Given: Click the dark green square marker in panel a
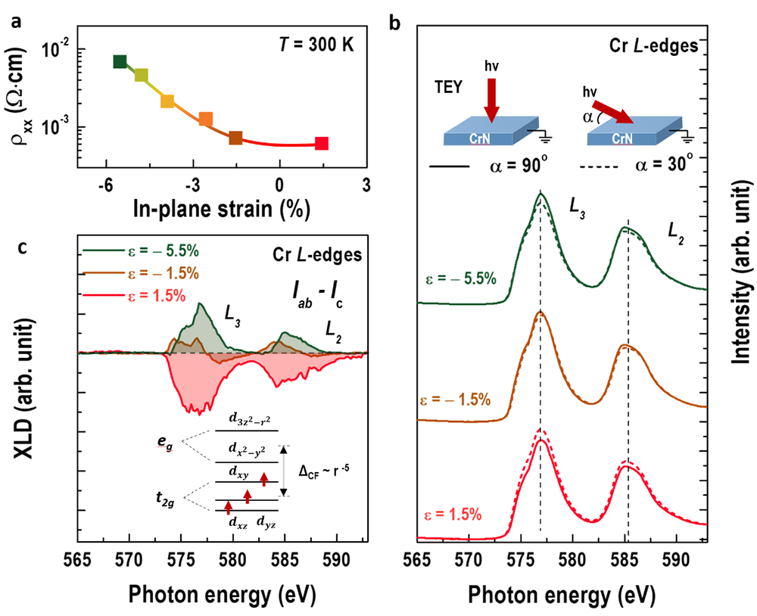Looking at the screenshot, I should coord(120,61).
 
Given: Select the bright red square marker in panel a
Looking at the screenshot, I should coord(322,143).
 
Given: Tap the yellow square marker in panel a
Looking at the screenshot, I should coord(167,101).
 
